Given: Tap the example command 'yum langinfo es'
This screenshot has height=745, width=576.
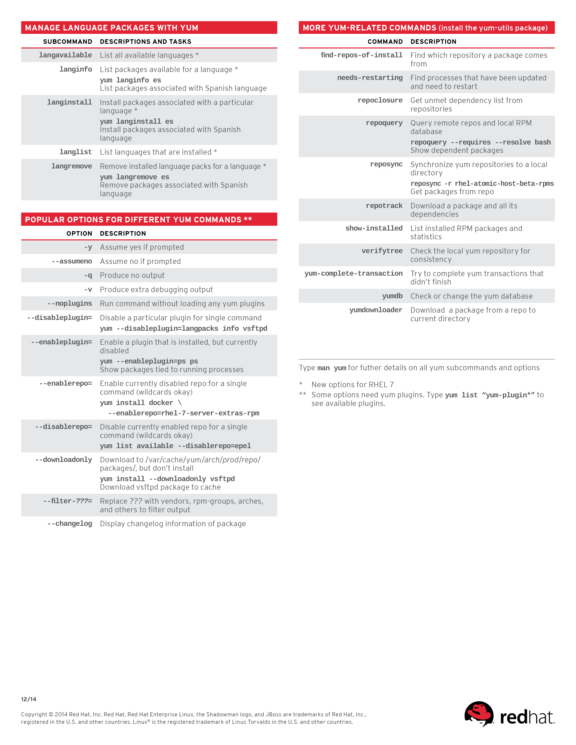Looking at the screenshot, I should pyautogui.click(x=130, y=80).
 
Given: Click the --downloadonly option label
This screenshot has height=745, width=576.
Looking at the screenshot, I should pyautogui.click(x=63, y=460).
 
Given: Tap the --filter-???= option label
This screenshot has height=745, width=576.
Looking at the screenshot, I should pyautogui.click(x=68, y=501).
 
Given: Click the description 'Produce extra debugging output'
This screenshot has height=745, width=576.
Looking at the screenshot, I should pyautogui.click(x=156, y=290).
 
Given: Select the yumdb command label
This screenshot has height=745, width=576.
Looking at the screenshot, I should pyautogui.click(x=392, y=296).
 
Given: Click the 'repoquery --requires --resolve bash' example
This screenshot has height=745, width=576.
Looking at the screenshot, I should pyautogui.click(x=480, y=142).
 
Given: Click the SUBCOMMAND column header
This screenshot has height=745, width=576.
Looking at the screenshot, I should pyautogui.click(x=68, y=42).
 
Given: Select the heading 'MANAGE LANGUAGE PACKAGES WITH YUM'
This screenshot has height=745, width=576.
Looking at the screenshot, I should pyautogui.click(x=112, y=28).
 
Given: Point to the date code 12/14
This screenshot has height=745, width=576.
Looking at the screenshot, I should pyautogui.click(x=29, y=699).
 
